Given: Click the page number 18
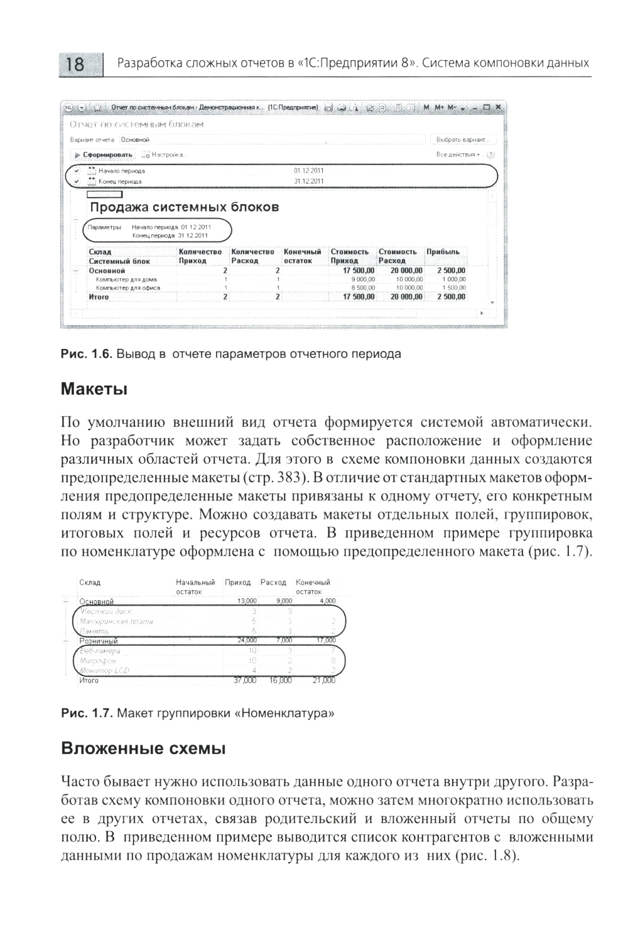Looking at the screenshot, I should [x=75, y=64].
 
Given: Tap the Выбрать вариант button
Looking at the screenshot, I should [x=463, y=139].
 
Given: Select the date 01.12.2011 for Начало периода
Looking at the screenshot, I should [x=308, y=171].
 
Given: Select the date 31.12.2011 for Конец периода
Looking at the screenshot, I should [x=308, y=181].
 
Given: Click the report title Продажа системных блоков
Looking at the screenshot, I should [x=184, y=207].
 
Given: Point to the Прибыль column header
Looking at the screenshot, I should [x=443, y=252].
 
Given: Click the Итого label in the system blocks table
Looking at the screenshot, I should [x=99, y=297].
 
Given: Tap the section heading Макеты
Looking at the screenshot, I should [x=94, y=389].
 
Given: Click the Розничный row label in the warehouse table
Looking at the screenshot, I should [x=98, y=641].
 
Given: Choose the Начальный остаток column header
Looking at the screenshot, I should [x=195, y=586].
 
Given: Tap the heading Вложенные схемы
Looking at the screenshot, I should [x=143, y=749].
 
